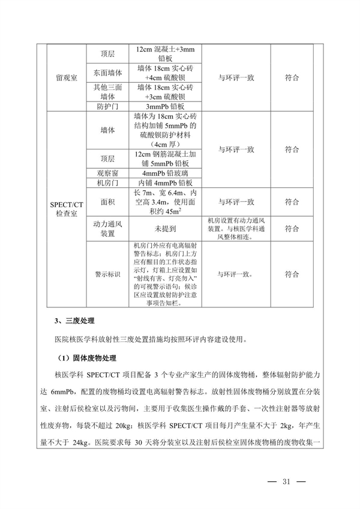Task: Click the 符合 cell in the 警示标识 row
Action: tap(292, 274)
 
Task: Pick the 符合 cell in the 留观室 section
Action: tap(292, 78)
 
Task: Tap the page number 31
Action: tap(285, 481)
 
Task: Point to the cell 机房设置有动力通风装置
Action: tap(235, 229)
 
